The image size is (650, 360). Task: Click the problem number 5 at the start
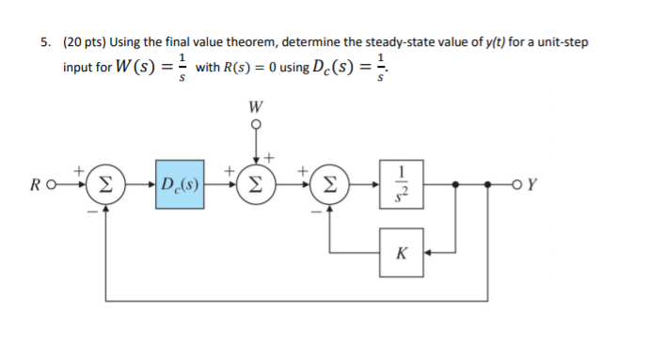(x=43, y=43)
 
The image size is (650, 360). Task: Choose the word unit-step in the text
(x=574, y=43)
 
